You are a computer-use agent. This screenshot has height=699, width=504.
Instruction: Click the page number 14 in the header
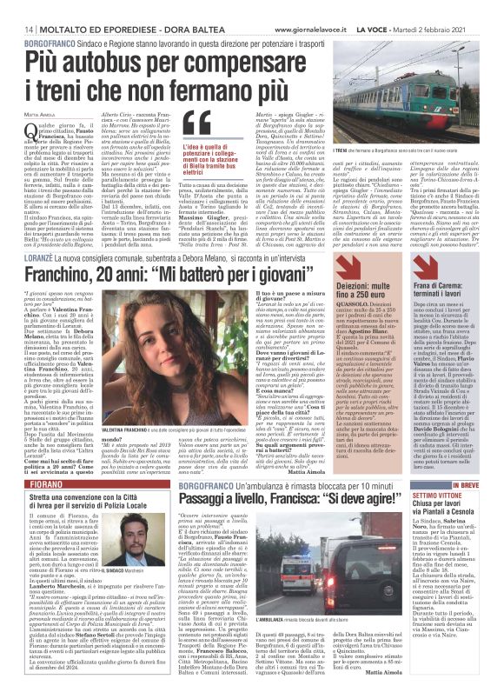coord(17,29)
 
